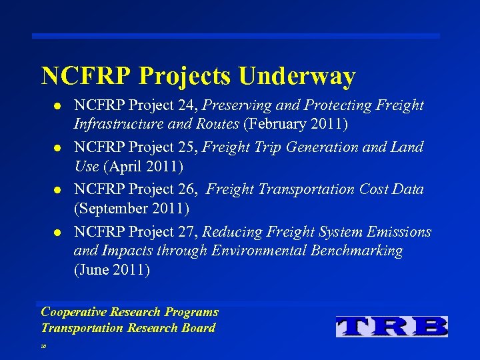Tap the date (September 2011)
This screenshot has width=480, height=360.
pos(131,209)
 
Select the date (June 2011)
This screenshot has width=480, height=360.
pos(112,270)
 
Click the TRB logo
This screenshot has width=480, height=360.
pos(392,326)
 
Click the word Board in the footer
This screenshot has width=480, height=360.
pos(199,327)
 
